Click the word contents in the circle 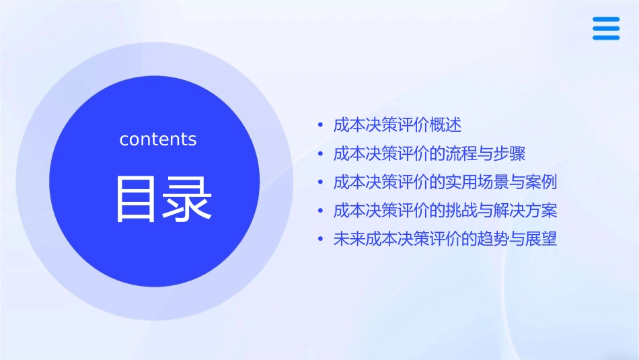coord(158,139)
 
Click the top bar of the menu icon coord(606,20)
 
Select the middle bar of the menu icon coord(606,28)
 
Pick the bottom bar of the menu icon coord(606,37)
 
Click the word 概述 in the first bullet coord(446,125)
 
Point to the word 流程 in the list coord(462,153)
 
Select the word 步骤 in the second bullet coord(510,153)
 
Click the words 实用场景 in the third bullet coord(478,182)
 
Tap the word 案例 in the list coord(541,182)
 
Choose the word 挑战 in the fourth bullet coord(462,211)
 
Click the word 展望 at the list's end coord(541,239)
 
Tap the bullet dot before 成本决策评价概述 coord(320,126)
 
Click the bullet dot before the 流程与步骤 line coord(320,154)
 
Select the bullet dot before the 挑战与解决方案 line coord(320,211)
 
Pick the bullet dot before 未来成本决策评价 coord(320,240)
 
